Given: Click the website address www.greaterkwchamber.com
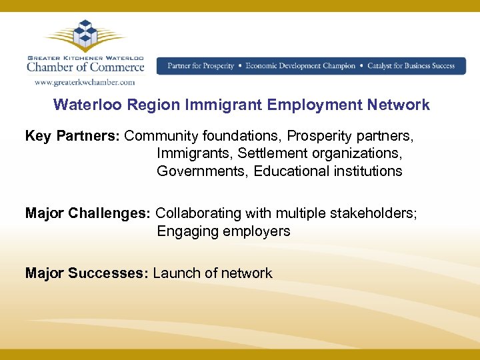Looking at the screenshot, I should click(x=85, y=83).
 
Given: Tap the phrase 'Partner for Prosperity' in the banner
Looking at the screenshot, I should click(x=201, y=66).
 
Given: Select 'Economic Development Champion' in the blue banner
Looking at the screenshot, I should click(x=301, y=66).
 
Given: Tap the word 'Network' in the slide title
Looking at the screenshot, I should click(x=399, y=105).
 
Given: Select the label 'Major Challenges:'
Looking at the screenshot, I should click(x=88, y=213).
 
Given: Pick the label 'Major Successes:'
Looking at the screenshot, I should click(x=87, y=273).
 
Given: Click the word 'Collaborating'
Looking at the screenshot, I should click(x=199, y=213).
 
